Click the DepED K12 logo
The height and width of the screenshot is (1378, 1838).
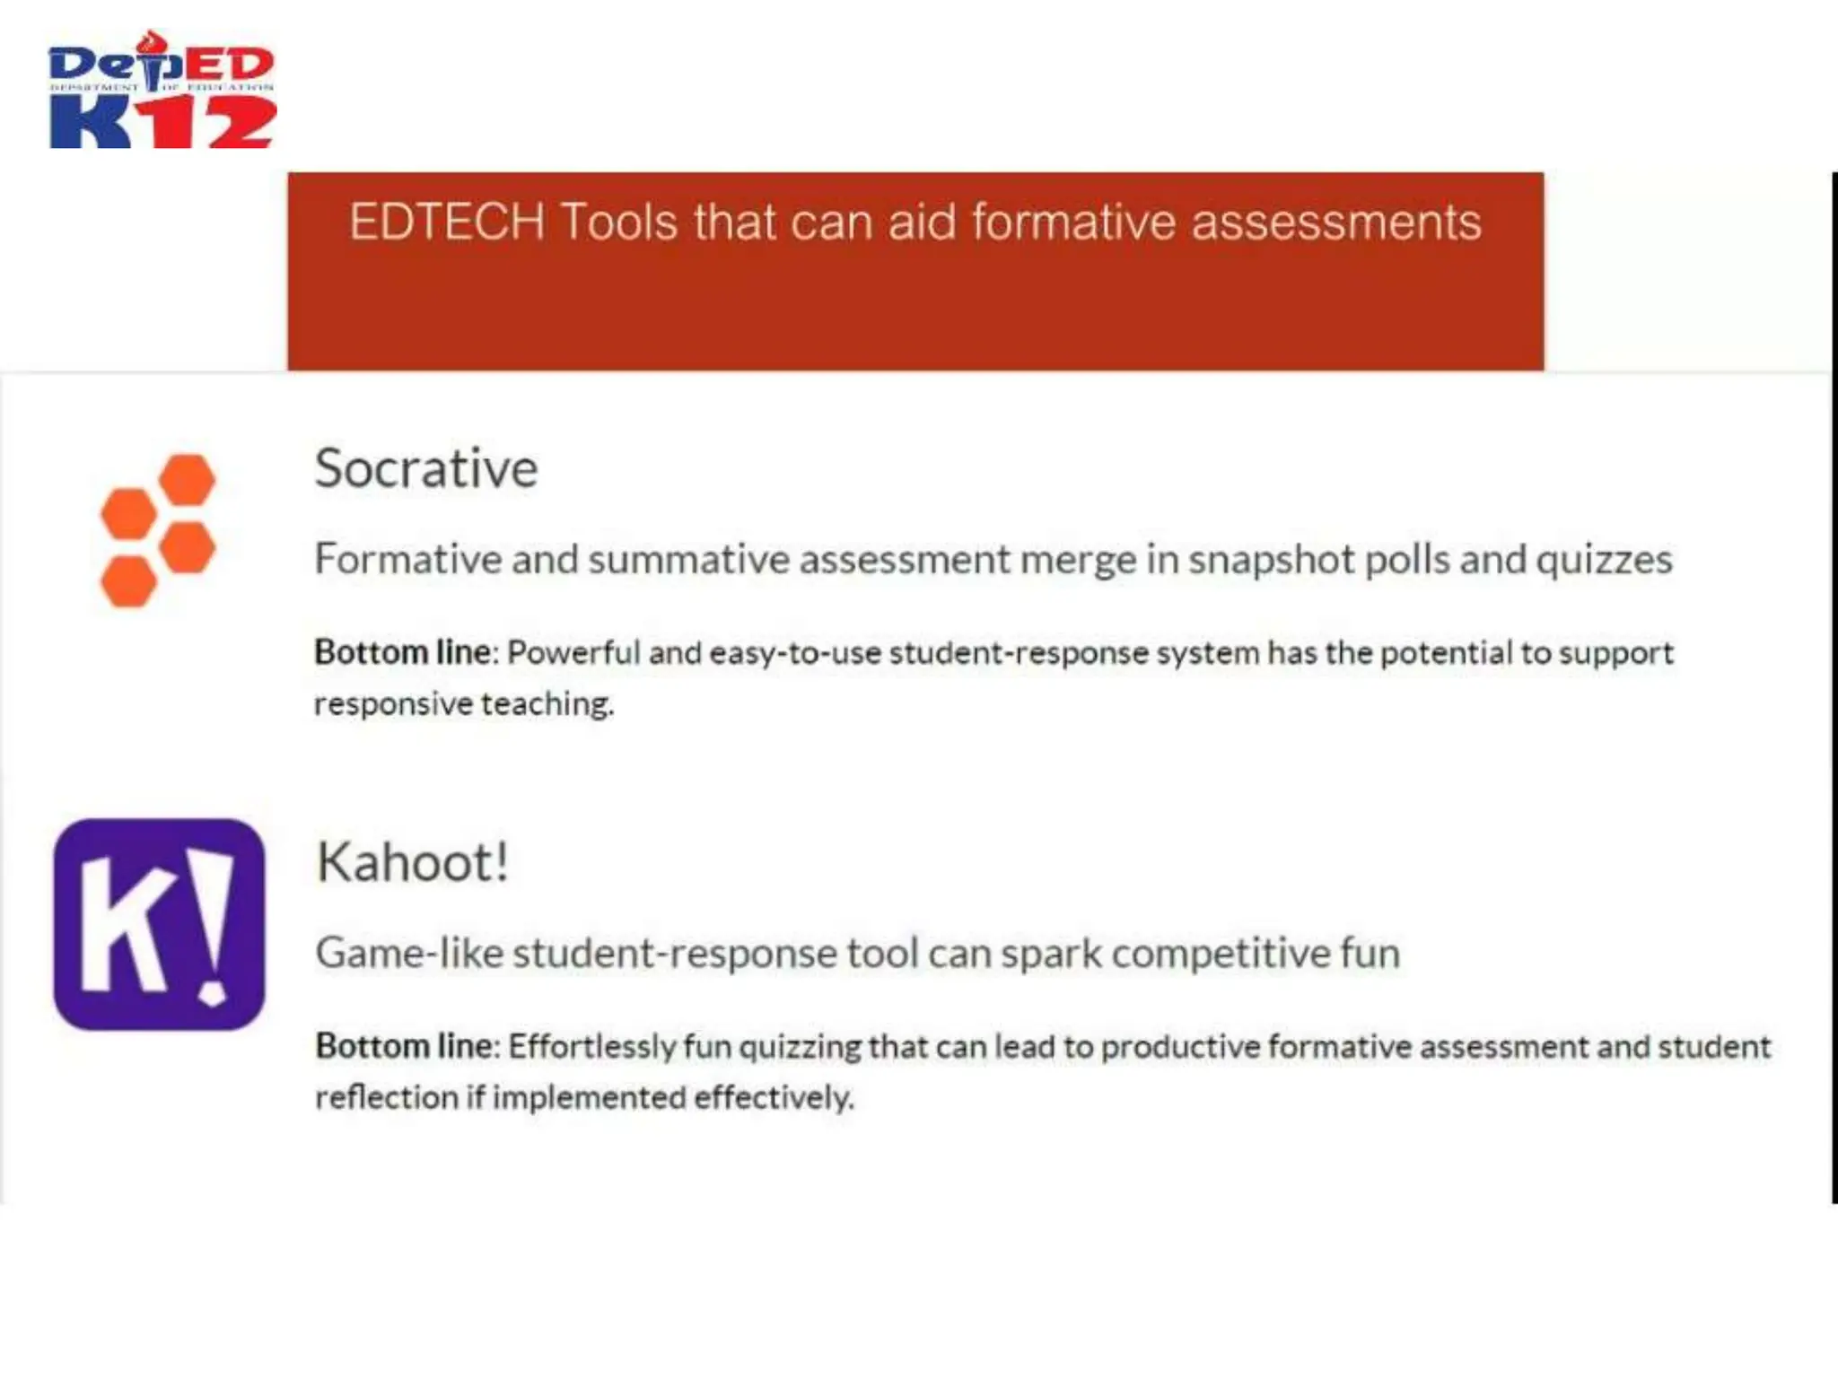click(162, 90)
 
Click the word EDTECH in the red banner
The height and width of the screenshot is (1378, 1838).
click(446, 222)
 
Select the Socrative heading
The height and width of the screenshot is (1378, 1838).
click(425, 468)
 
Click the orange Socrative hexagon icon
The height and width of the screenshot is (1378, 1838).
click(158, 530)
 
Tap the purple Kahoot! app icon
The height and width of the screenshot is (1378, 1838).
click(159, 924)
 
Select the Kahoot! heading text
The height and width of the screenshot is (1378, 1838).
click(413, 862)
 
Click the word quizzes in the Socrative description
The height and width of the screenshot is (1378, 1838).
click(1604, 560)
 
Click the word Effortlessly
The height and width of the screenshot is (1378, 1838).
click(591, 1046)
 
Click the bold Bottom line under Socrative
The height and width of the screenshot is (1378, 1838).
click(402, 652)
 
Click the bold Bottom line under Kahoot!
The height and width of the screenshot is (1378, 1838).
click(404, 1046)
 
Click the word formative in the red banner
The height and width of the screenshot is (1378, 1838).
click(1073, 222)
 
